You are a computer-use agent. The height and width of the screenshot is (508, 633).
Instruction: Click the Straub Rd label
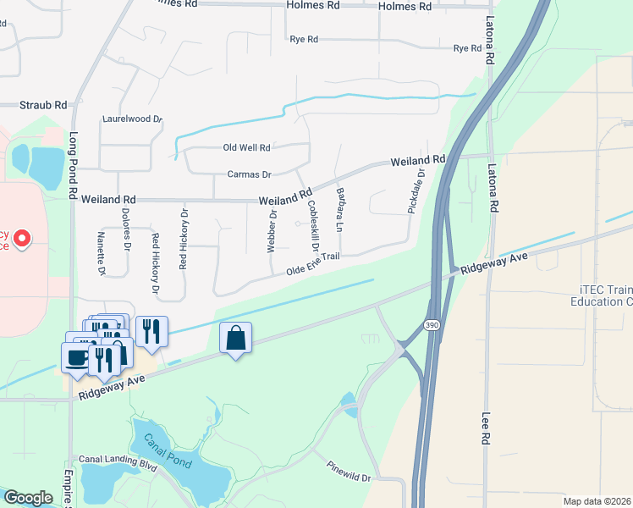click(x=44, y=105)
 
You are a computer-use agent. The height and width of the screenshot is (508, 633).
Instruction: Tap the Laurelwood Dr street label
click(x=131, y=119)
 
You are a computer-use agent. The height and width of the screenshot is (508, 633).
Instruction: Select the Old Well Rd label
click(x=246, y=147)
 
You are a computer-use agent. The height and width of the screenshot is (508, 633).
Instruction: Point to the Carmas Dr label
click(x=249, y=174)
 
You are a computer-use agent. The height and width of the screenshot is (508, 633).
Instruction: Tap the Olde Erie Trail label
click(x=312, y=262)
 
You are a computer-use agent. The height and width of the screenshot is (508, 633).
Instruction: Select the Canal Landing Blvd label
click(x=118, y=461)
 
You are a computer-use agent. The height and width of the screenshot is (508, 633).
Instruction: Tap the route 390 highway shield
click(x=432, y=325)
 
